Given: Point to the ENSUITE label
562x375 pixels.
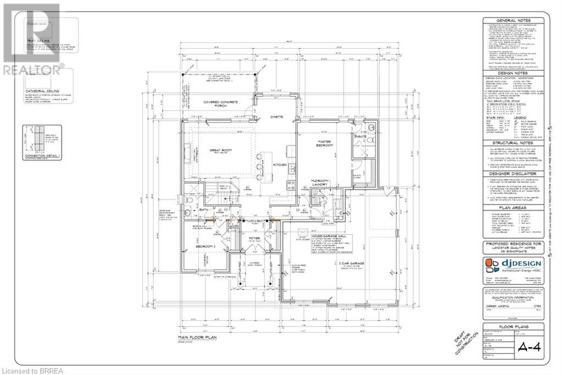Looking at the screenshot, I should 361,136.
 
